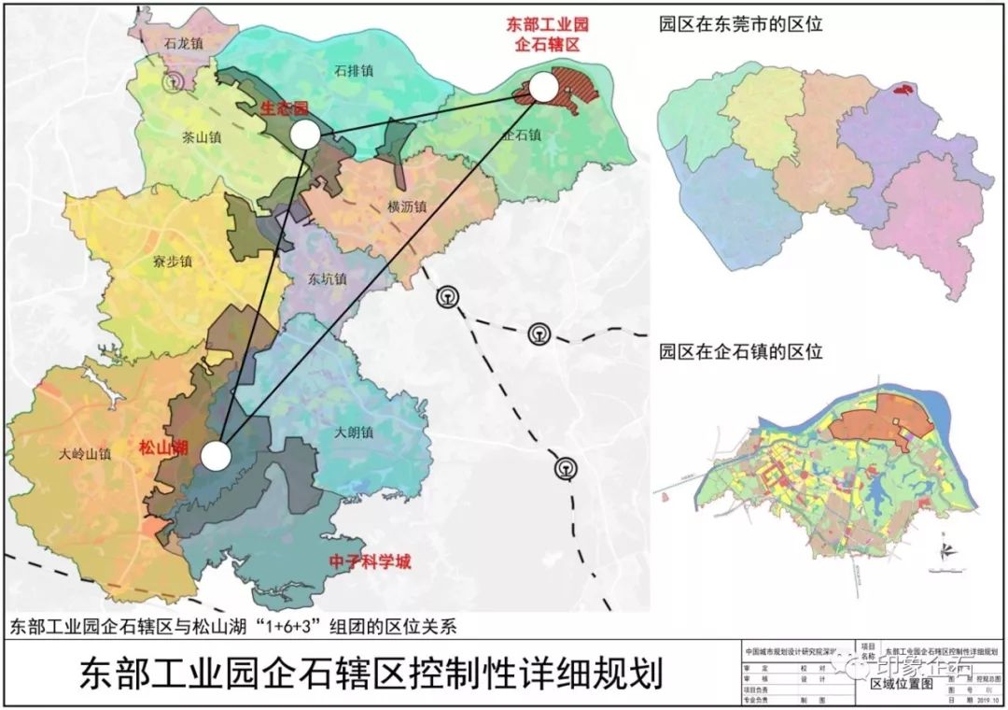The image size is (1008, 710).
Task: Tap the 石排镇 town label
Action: coord(355,70)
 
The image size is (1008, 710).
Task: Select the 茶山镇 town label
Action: coord(202,135)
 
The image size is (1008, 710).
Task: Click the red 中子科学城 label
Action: coord(371,562)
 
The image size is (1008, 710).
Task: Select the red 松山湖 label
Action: coord(162,447)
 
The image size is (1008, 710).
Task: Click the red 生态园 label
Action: coord(285,109)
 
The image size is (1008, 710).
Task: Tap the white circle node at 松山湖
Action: coord(216,456)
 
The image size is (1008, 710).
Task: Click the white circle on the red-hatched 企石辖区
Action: coord(544,88)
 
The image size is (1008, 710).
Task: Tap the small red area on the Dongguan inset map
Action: coord(902,91)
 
